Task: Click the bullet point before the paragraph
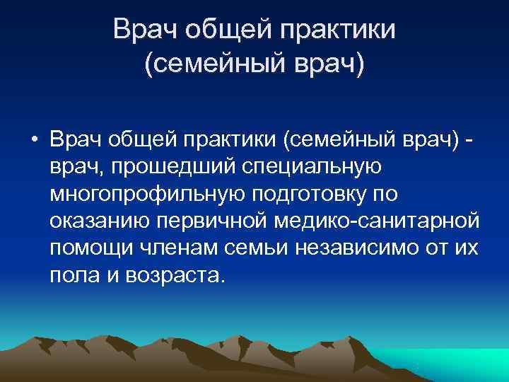pyautogui.click(x=34, y=141)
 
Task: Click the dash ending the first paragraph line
pyautogui.click(x=470, y=141)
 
